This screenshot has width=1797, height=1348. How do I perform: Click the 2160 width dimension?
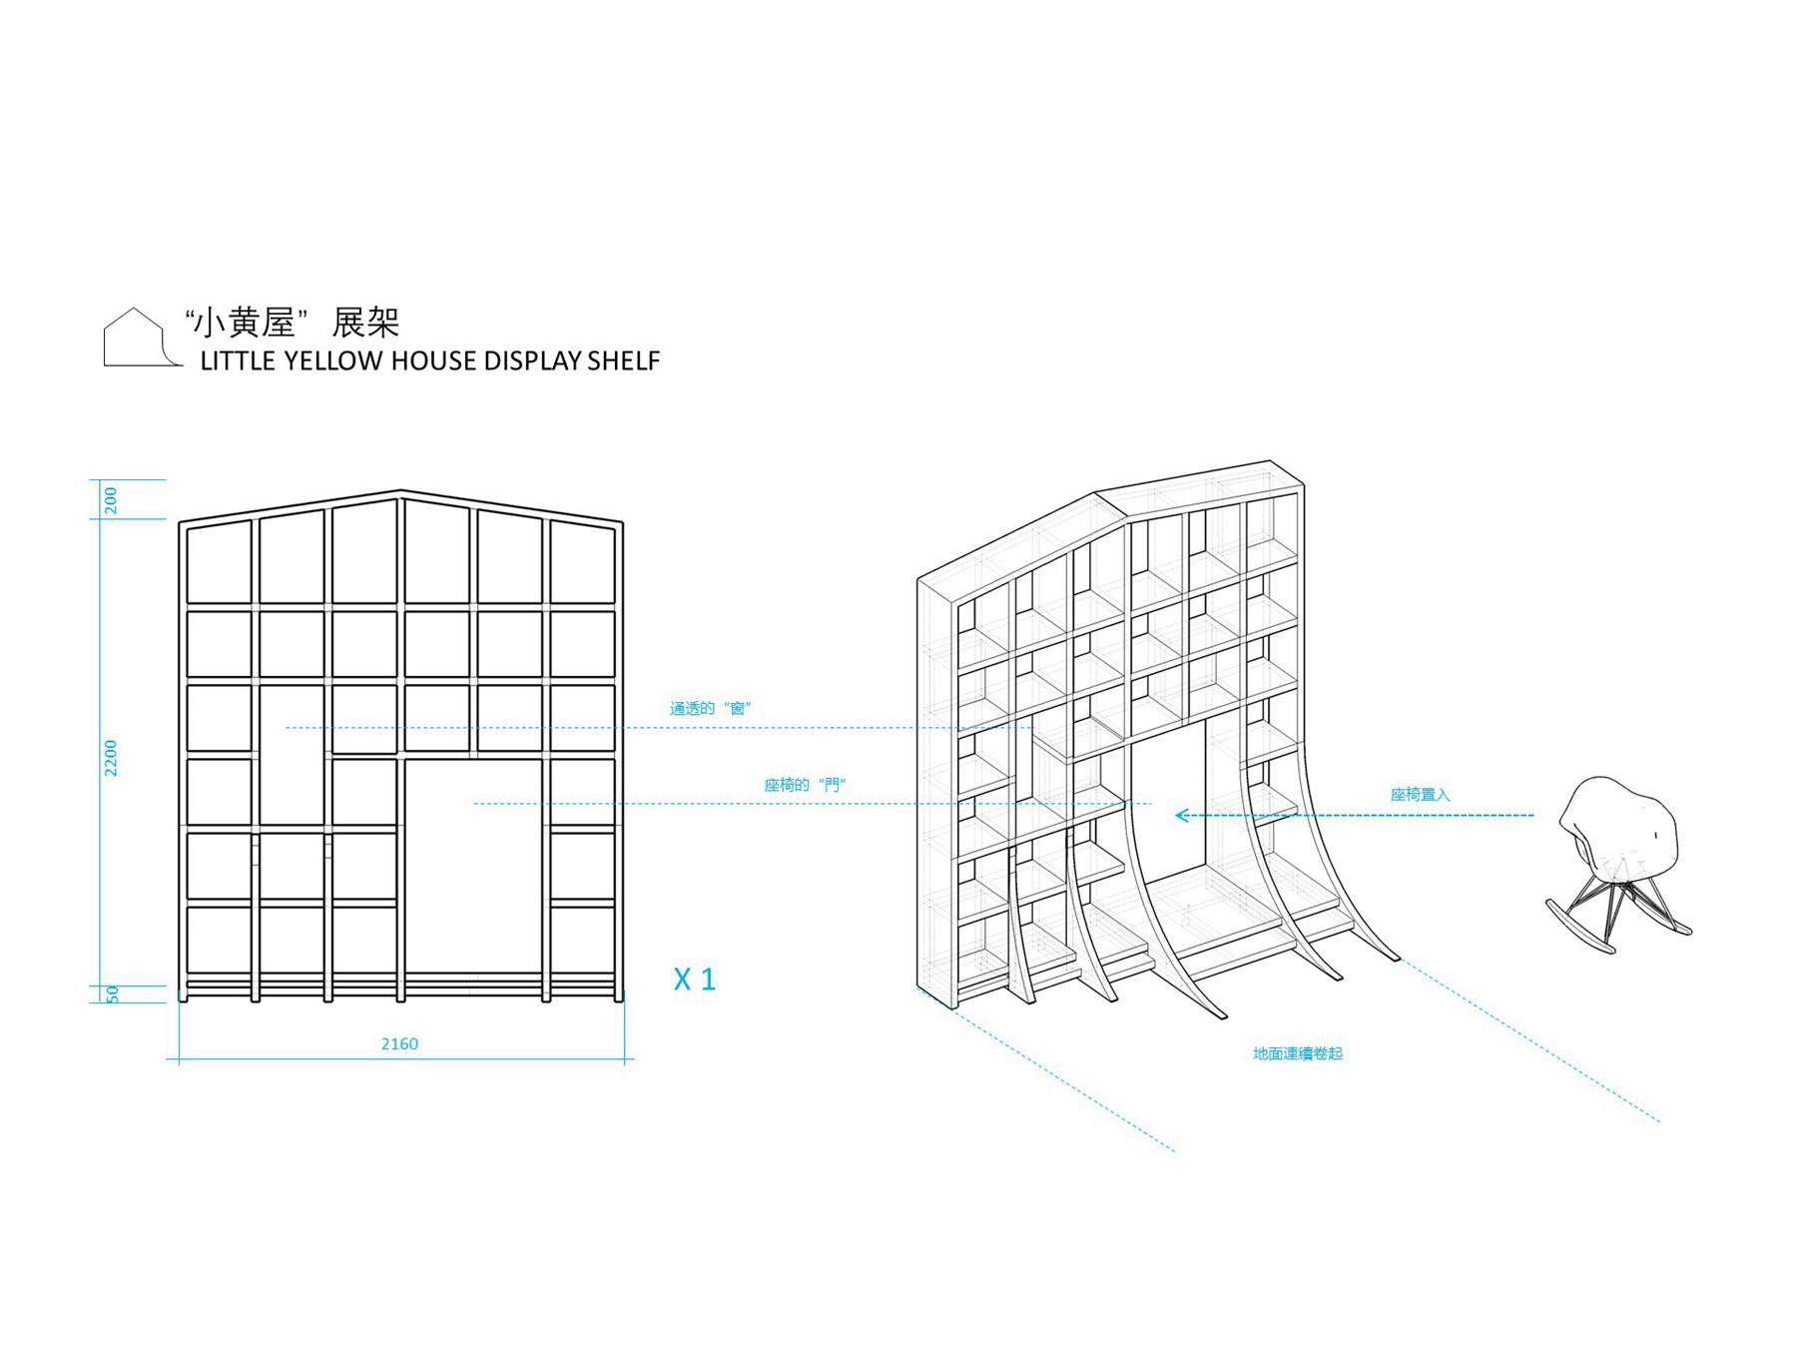click(399, 1043)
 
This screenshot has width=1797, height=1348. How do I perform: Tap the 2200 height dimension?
click(111, 758)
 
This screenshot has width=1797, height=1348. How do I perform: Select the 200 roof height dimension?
click(111, 499)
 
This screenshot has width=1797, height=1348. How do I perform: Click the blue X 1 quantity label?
click(695, 980)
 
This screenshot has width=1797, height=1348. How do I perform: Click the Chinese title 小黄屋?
click(246, 323)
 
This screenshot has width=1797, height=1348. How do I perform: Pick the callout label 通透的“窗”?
click(710, 708)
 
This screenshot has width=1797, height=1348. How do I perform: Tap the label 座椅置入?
click(1420, 795)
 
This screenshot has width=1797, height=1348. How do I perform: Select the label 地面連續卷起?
click(1298, 1053)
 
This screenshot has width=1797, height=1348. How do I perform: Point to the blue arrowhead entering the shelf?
click(1182, 816)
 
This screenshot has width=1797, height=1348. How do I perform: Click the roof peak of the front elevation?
click(400, 491)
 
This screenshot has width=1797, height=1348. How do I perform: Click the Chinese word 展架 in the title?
click(365, 323)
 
